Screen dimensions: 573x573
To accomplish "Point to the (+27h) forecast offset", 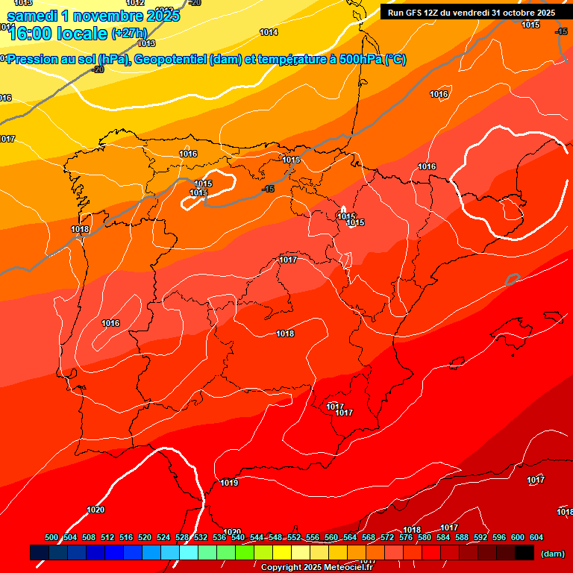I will [x=130, y=33].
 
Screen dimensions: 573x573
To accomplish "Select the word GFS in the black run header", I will [x=418, y=13].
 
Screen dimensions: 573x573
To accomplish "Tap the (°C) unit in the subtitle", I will [x=395, y=60].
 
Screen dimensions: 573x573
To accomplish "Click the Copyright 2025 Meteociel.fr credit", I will [x=316, y=567].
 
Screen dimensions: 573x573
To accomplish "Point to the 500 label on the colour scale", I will [x=51, y=537].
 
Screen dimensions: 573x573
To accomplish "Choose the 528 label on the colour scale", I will [x=182, y=537].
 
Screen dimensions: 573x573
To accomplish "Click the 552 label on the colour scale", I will [x=294, y=537].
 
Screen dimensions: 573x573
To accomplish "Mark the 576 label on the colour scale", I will [x=406, y=537].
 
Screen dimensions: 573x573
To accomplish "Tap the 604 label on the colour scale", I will [x=536, y=537].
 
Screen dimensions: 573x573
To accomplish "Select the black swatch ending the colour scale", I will [x=525, y=553].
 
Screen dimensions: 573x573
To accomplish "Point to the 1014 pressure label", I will [x=269, y=32].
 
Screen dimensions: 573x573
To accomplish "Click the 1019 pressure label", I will [x=229, y=483].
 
